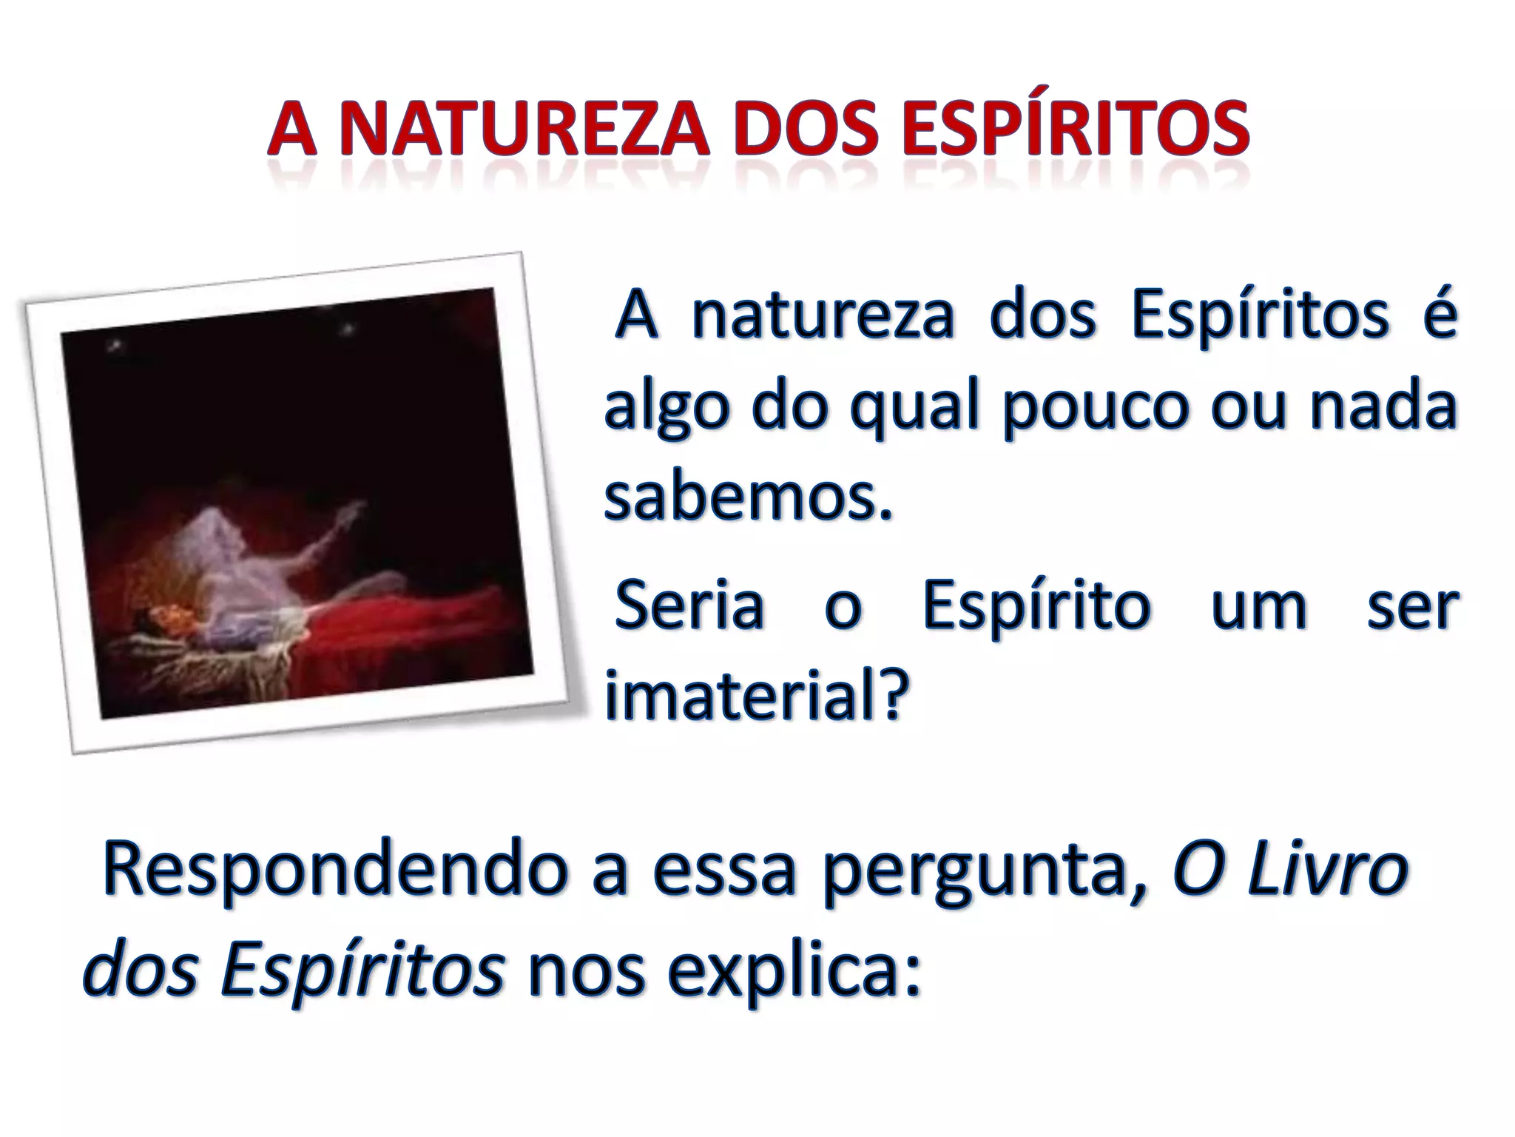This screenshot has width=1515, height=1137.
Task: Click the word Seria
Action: pos(689,606)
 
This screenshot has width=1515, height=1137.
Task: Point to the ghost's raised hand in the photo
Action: pos(355,510)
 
